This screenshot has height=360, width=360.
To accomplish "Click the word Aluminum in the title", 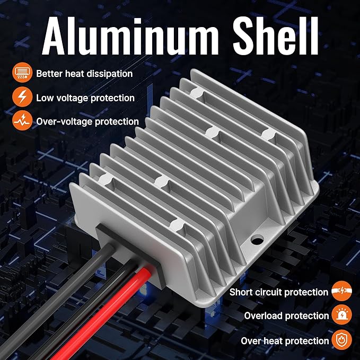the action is click(x=130, y=36).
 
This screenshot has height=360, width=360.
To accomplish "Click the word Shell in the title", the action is click(x=276, y=36).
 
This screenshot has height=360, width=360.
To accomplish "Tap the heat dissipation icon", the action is click(x=22, y=72).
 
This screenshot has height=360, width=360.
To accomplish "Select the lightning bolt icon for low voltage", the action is click(x=22, y=96).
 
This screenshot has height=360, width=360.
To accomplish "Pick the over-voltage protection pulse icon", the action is click(x=22, y=120).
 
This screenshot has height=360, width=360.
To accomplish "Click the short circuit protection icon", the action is click(x=341, y=291).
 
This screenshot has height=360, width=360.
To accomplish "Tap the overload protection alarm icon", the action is click(x=341, y=314).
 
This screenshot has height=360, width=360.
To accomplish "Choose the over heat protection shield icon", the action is click(x=341, y=340).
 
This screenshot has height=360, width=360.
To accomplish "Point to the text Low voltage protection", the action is click(x=85, y=98).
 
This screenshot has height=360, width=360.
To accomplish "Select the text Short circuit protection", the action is click(x=279, y=292).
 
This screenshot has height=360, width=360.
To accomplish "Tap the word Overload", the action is click(x=263, y=316).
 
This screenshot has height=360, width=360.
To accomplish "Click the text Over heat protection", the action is click(x=285, y=341).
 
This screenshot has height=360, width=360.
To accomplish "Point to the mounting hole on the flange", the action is click(x=257, y=241).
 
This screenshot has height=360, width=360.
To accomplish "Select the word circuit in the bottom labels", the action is click(x=268, y=292).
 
